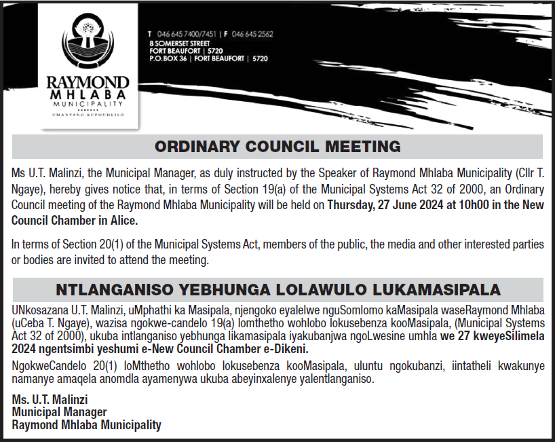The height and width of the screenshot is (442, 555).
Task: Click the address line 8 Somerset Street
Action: [x=179, y=43]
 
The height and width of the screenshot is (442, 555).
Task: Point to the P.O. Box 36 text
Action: [x=169, y=59]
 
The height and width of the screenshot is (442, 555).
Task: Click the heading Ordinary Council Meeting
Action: [x=277, y=146]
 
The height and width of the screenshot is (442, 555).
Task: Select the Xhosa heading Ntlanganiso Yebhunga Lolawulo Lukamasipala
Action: [x=277, y=290]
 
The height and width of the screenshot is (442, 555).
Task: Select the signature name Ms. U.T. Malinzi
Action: [x=50, y=399]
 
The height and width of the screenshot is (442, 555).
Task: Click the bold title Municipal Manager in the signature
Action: [x=59, y=412]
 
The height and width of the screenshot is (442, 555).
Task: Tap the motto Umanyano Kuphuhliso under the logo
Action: [x=86, y=115]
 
